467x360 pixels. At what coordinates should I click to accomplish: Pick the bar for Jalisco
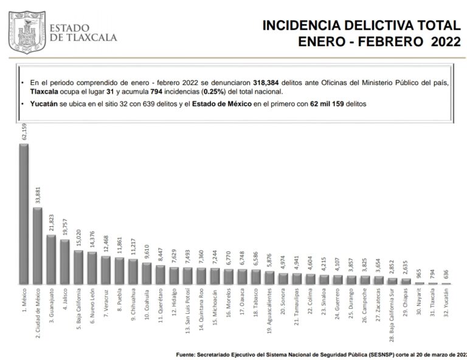(64, 262)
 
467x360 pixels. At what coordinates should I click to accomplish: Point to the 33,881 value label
(37, 195)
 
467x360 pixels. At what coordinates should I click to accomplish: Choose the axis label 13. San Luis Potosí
(187, 314)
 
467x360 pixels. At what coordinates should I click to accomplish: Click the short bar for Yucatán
(446, 283)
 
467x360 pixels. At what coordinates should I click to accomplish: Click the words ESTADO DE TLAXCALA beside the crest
(82, 32)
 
